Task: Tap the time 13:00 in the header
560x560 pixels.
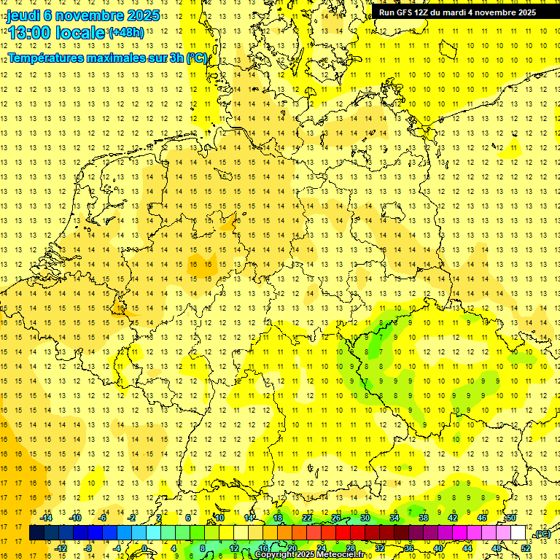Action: coord(30,34)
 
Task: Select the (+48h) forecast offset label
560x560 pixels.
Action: coord(125,33)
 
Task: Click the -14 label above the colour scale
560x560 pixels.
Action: coord(48,518)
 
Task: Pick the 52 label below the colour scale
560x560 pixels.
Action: coord(526,548)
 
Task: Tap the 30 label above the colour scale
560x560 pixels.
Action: coord(365,518)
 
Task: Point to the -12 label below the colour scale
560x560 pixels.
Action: coord(61,548)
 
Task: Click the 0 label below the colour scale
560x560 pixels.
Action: coord(144,548)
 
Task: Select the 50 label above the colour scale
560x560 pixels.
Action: coord(511,518)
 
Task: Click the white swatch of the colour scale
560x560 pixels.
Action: coord(518,533)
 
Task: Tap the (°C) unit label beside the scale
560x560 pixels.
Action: coord(542,534)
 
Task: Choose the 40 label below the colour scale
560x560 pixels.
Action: coord(438,548)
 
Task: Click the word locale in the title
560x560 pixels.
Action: coord(80,34)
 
